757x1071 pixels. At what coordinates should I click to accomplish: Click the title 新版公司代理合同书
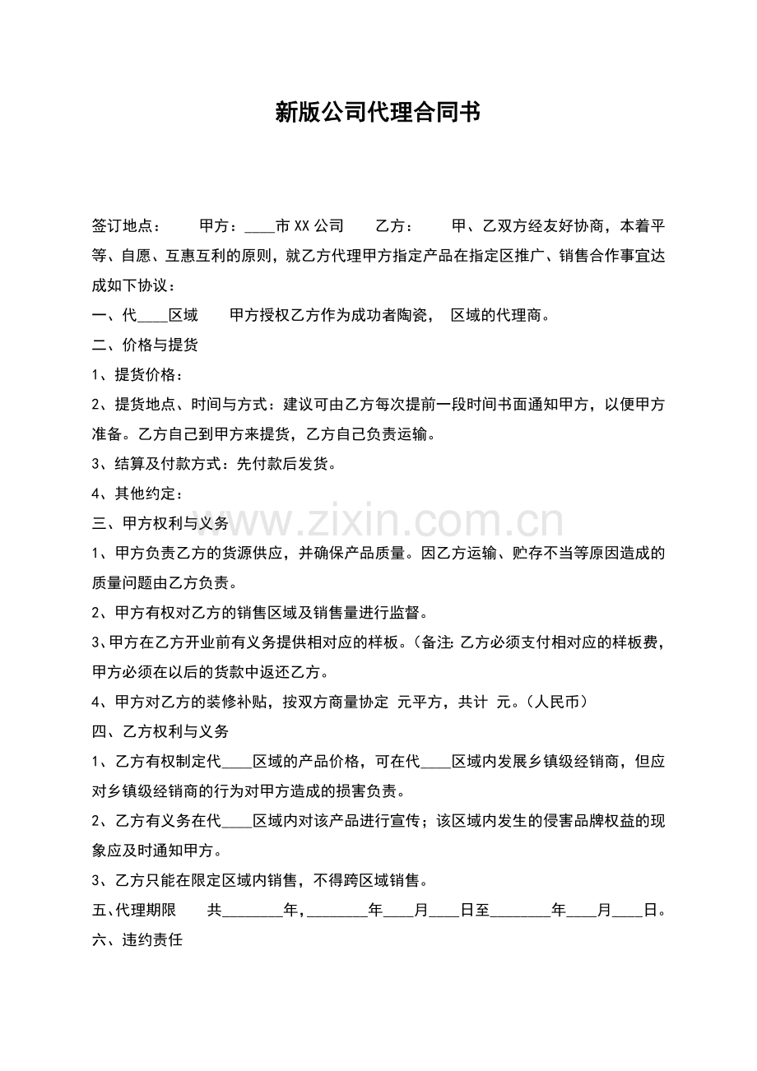pos(378,113)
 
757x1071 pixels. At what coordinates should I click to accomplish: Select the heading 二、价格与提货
pos(145,345)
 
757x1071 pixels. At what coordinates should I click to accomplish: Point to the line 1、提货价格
pos(137,375)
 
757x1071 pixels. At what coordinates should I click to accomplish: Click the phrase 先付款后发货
pos(286,464)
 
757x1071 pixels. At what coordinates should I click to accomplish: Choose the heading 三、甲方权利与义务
pos(160,523)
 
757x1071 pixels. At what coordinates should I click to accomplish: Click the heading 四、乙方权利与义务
pos(160,731)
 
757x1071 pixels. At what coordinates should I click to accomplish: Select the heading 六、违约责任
pos(137,939)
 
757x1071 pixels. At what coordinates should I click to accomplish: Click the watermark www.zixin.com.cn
pos(378,522)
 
